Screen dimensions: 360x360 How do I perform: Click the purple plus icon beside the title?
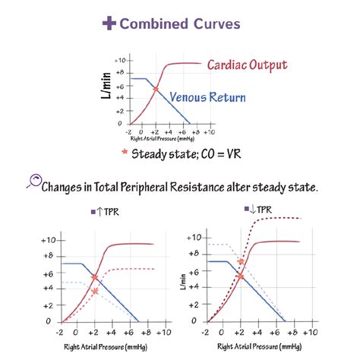(x=109, y=24)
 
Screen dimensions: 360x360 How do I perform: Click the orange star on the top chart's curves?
(x=156, y=90)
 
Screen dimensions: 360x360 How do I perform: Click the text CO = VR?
(x=219, y=153)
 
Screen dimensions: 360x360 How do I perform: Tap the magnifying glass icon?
(x=33, y=182)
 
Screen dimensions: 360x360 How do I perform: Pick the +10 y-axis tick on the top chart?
(x=119, y=59)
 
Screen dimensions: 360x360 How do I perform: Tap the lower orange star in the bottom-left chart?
(x=94, y=291)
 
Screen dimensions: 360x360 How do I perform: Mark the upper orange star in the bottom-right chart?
(x=241, y=262)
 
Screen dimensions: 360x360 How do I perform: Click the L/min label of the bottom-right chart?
(x=182, y=281)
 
